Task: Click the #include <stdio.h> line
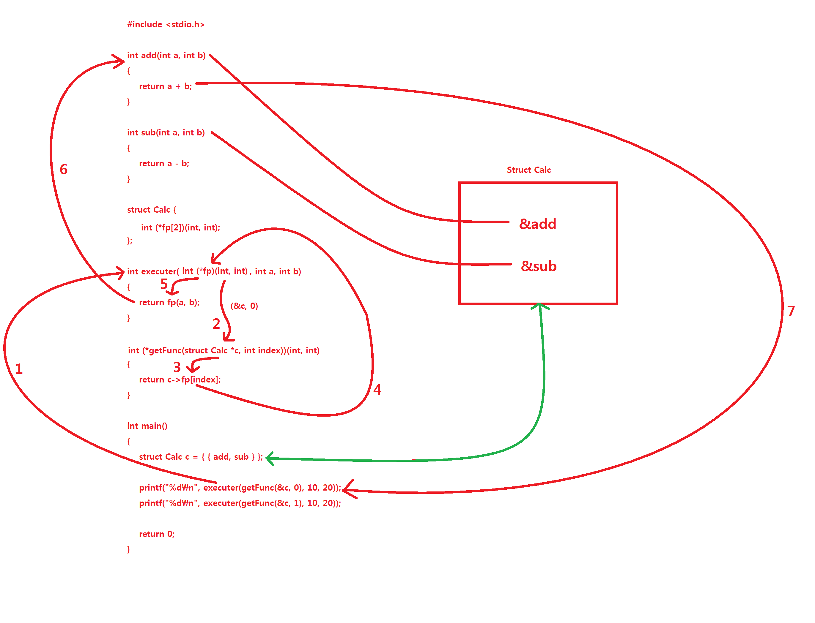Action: [166, 24]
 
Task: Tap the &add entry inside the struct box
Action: [537, 224]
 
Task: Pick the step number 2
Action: [216, 324]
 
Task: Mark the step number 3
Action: [177, 367]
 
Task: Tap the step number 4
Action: [377, 389]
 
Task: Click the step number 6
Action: [64, 170]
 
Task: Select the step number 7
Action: [791, 311]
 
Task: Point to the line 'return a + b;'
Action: [165, 86]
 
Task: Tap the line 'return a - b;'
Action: [164, 164]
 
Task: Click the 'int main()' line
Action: [147, 426]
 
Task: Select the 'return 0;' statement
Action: [156, 534]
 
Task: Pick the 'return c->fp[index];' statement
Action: [180, 380]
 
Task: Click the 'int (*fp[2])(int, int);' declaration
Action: [180, 228]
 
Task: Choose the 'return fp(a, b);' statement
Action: [169, 303]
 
